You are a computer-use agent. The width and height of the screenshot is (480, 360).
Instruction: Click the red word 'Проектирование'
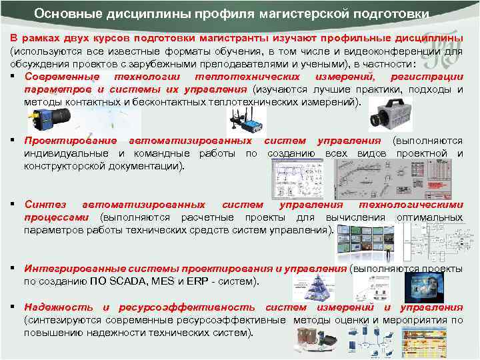pos(71,141)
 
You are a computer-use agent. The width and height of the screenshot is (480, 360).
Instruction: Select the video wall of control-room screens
pos(367,241)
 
